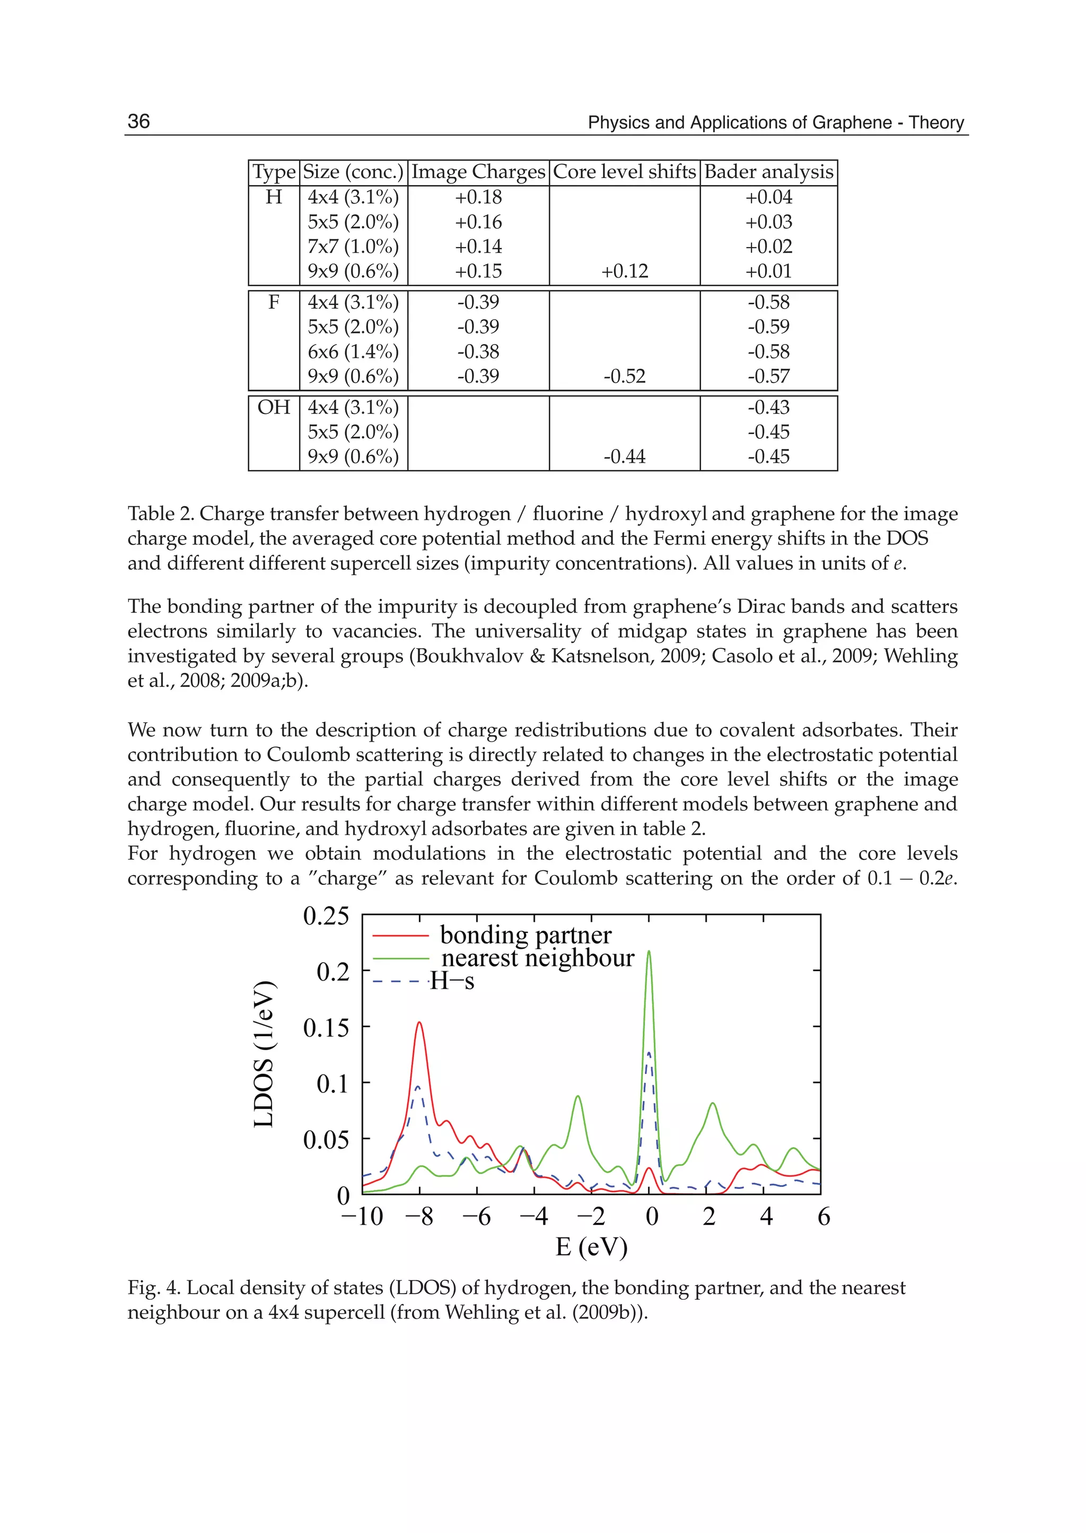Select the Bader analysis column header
point(768,172)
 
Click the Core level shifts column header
point(624,172)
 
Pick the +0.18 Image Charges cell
point(478,197)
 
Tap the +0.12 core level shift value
point(624,271)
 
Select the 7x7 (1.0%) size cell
point(353,246)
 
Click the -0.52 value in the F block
point(624,376)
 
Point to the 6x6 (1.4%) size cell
point(353,351)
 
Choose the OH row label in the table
point(274,407)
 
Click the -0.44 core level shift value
point(624,456)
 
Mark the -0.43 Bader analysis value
point(768,407)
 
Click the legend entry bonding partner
point(526,935)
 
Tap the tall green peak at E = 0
point(649,953)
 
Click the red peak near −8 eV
point(419,1024)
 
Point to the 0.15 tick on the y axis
point(326,1027)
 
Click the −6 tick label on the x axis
point(476,1216)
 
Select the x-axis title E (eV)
point(591,1246)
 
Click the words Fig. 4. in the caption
point(153,1288)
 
